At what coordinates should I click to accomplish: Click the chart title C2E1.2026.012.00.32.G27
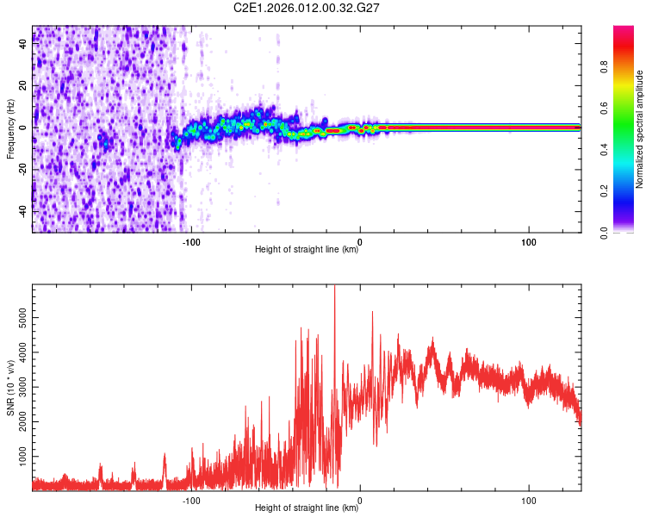307,8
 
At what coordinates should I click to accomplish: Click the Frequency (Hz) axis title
10,129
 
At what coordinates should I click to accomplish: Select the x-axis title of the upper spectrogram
307,250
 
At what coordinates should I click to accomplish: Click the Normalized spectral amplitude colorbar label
640,129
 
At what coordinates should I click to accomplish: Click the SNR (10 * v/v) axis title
10,386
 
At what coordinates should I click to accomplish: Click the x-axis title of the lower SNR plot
307,508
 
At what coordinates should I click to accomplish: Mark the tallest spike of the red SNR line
334,288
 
